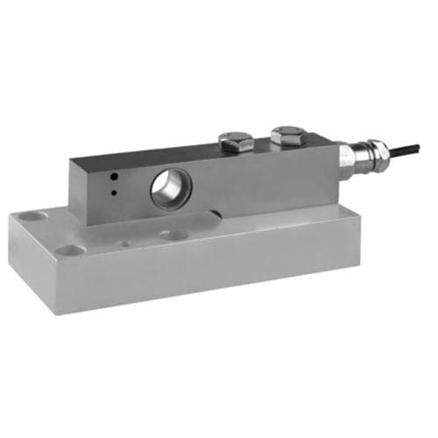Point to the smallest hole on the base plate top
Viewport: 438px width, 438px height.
[x=124, y=243]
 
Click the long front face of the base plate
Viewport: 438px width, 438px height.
[x=237, y=272]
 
